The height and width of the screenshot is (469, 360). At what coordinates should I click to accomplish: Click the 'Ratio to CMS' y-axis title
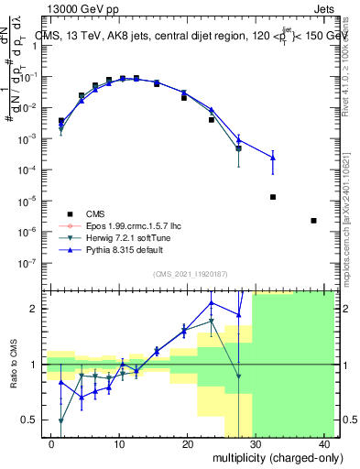[x=14, y=365]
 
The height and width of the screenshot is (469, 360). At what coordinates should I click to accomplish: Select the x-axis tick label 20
[x=187, y=444]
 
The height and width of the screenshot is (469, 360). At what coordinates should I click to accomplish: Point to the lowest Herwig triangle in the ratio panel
[x=60, y=420]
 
